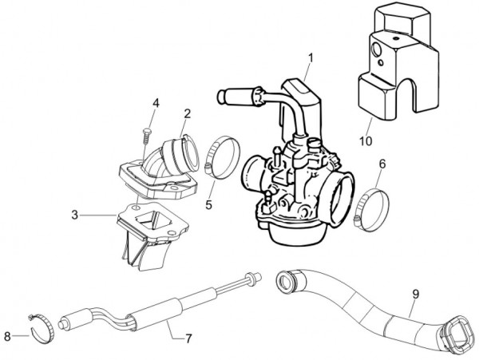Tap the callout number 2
186,113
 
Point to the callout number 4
156,102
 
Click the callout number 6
381,164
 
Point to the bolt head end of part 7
253,278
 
